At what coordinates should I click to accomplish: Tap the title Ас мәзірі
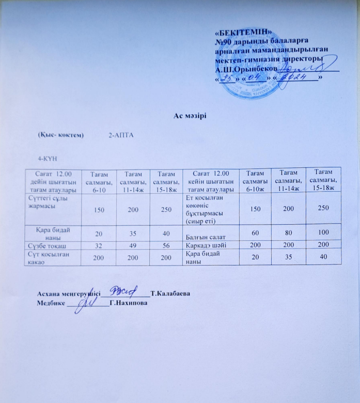point(190,114)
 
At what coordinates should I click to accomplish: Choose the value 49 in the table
point(130,246)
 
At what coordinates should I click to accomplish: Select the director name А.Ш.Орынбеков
point(246,69)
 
